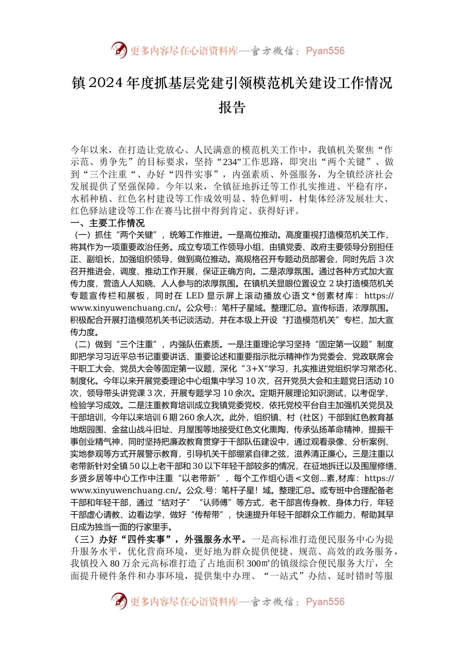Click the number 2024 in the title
(106, 84)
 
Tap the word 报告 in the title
(232, 108)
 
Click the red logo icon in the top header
(119, 50)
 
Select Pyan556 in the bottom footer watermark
(325, 602)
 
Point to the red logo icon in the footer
(119, 601)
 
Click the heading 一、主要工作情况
(107, 223)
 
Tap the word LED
(194, 296)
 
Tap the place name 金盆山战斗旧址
(141, 430)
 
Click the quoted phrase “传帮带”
(210, 515)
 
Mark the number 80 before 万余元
(115, 564)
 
